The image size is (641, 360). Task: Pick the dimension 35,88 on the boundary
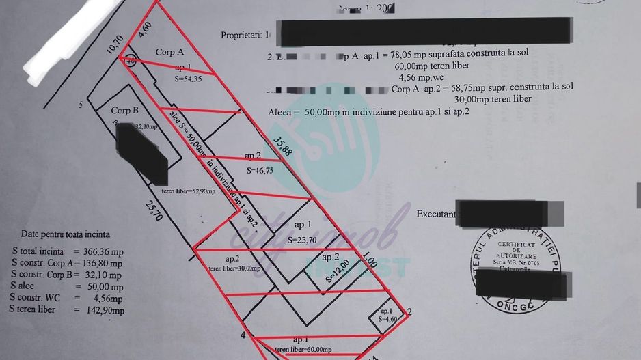283,146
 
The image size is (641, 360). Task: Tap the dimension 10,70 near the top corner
114,44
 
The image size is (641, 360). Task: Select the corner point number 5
81,105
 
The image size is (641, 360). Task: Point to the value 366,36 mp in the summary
99,251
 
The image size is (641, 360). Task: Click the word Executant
436,214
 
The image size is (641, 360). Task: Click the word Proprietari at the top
242,33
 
